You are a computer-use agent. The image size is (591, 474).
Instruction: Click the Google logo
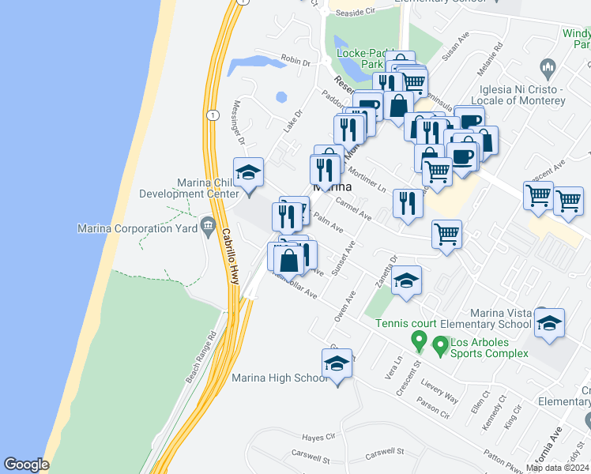[26, 465]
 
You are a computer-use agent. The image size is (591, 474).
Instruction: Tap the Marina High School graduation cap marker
[337, 365]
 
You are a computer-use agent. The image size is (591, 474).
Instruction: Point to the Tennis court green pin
[420, 342]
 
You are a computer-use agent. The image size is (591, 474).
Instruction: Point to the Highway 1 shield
[213, 115]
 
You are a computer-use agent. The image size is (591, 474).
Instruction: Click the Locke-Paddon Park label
[360, 60]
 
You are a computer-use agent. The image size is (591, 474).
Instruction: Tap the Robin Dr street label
[296, 59]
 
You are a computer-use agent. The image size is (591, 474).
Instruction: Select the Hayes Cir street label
[319, 437]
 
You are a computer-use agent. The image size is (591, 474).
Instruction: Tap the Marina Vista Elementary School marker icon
[549, 324]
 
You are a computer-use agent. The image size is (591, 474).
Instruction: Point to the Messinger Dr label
[239, 122]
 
